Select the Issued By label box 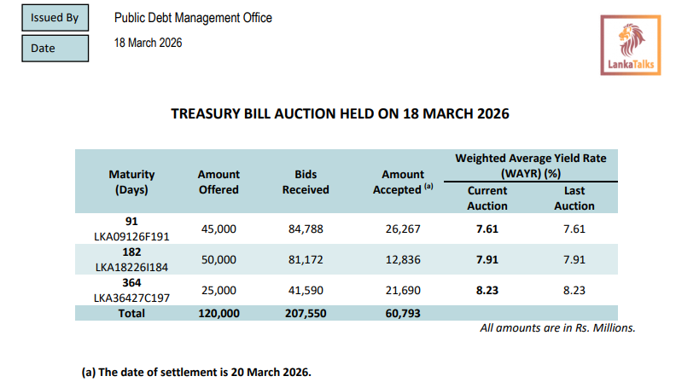55,17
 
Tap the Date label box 55,48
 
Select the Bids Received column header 305,182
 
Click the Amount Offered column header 219,182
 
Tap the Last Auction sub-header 574,198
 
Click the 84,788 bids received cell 306,229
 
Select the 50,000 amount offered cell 219,259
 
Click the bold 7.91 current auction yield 487,259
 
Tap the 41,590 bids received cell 306,291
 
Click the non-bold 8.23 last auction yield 574,291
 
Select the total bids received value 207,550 306,313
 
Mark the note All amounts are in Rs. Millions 558,327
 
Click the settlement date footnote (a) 196,371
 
